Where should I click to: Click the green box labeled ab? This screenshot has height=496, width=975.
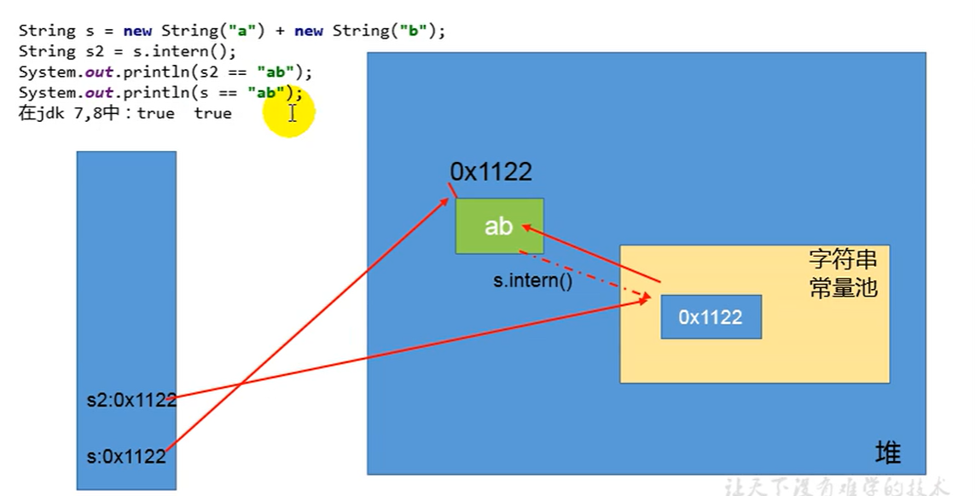click(x=499, y=226)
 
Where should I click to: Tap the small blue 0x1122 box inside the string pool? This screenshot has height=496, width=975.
click(x=711, y=318)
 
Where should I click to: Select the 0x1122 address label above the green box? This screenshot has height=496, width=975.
click(x=490, y=172)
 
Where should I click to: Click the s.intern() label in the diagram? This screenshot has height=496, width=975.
click(x=532, y=280)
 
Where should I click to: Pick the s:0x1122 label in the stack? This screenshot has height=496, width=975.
click(x=126, y=457)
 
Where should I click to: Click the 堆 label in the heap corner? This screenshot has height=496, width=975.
click(x=888, y=453)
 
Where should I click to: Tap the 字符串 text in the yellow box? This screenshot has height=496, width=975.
click(x=843, y=259)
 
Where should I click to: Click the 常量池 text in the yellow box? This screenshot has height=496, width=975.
click(x=843, y=288)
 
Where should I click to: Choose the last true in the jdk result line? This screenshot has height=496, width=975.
click(x=212, y=113)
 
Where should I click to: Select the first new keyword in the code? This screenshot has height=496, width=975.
click(x=137, y=32)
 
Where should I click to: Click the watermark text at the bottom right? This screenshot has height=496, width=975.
click(x=836, y=487)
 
